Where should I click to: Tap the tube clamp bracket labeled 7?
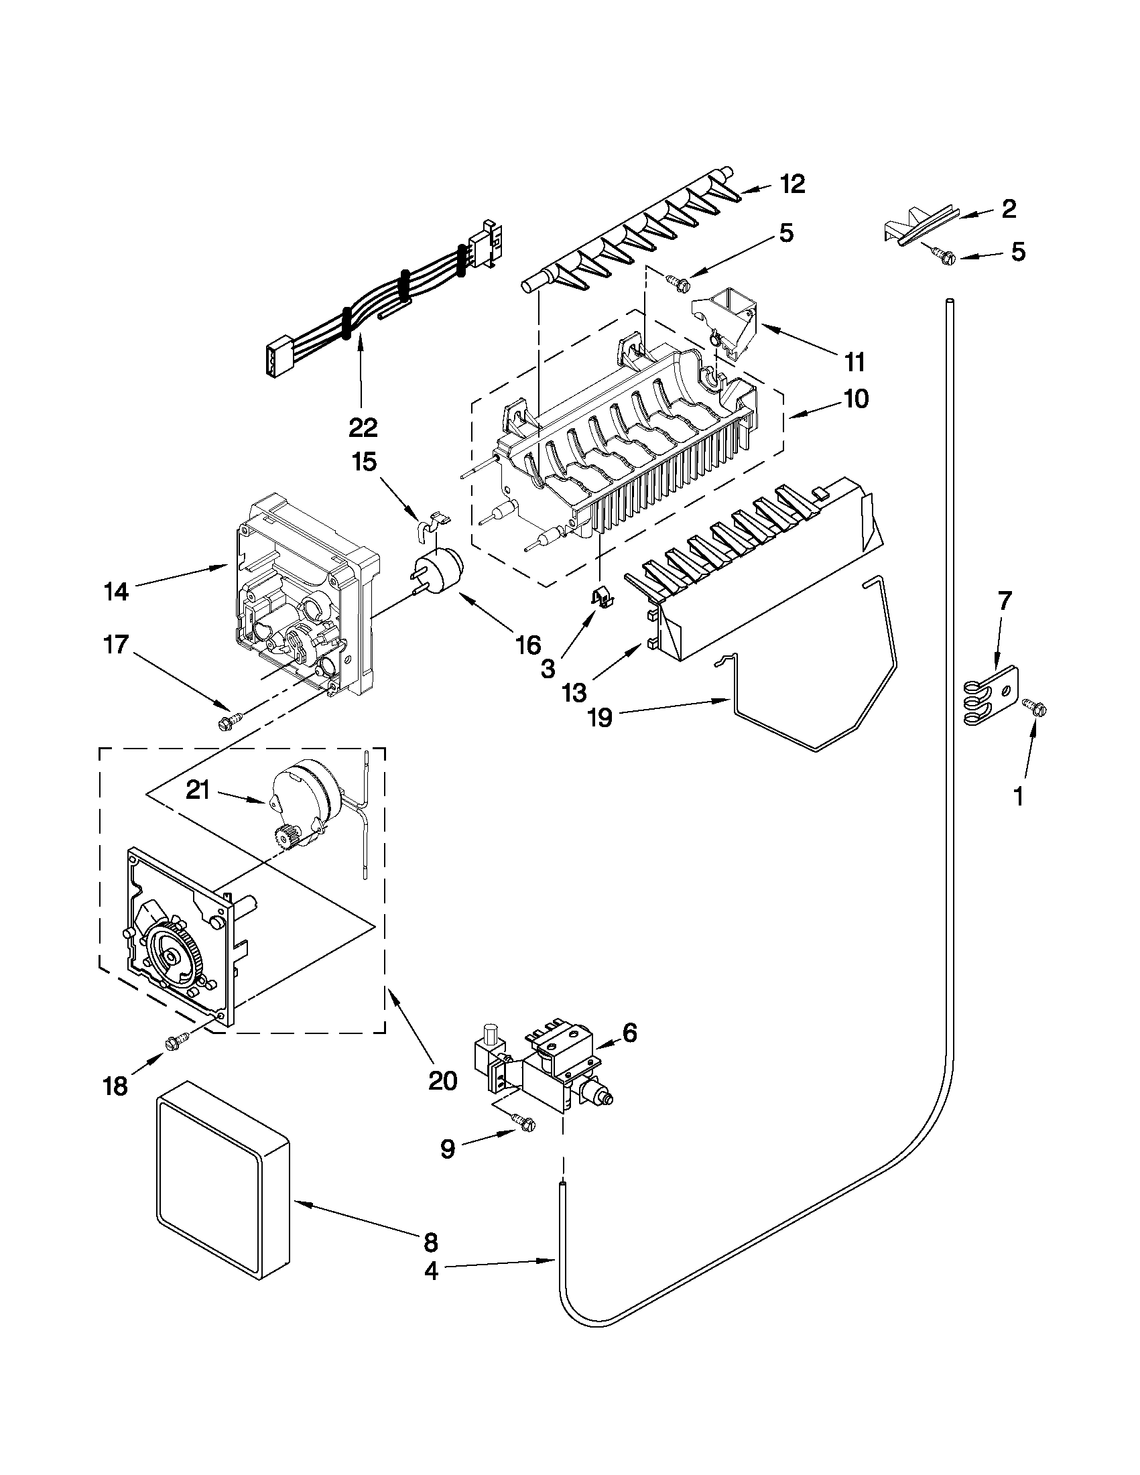tap(987, 697)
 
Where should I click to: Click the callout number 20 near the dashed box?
tap(442, 1080)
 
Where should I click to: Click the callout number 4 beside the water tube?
tap(431, 1272)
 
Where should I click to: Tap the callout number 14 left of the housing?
tap(116, 592)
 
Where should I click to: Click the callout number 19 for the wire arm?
tap(600, 717)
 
